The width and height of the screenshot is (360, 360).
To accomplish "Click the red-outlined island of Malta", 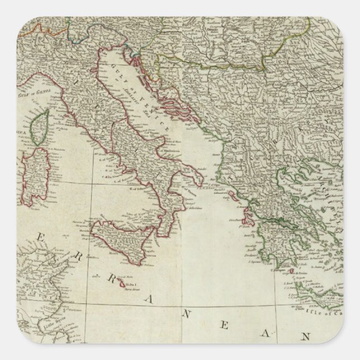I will tap(124, 285).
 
